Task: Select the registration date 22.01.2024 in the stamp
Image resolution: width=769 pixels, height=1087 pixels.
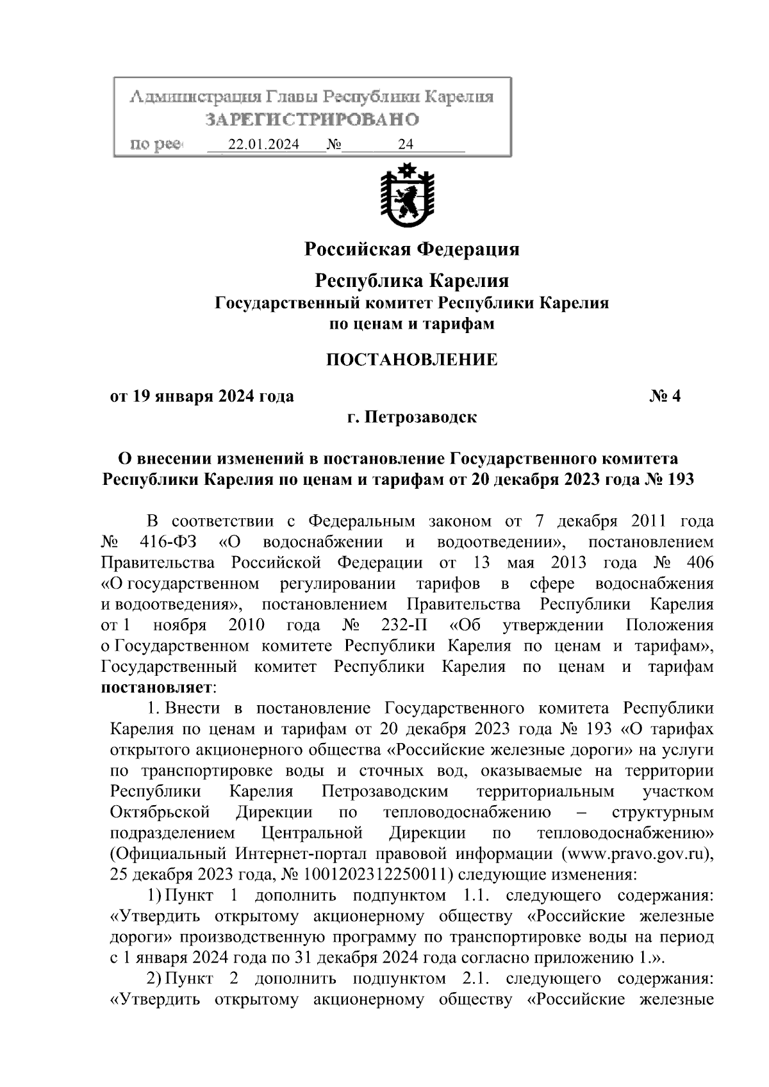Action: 263,145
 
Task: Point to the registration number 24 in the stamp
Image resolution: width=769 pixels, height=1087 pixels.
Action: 406,145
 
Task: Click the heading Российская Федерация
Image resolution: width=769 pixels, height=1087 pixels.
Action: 411,249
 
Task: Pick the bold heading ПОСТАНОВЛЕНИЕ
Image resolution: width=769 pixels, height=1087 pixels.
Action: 411,359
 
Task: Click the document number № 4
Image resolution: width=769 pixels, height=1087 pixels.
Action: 665,396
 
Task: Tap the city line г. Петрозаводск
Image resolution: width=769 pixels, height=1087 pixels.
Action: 411,418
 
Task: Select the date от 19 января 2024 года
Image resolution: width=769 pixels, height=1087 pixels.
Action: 203,396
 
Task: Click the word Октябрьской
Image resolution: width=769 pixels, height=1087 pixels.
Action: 160,812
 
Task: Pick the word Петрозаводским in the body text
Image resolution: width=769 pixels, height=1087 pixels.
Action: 384,792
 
